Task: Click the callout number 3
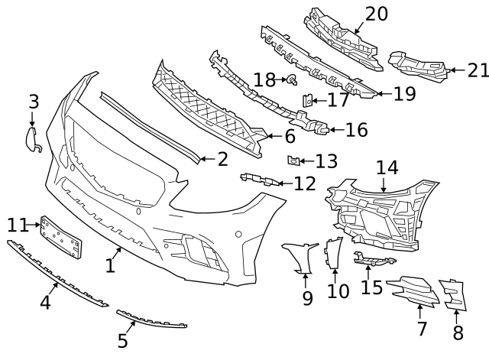pyautogui.click(x=34, y=102)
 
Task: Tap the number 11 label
pyautogui.click(x=18, y=225)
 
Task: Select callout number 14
pyautogui.click(x=387, y=167)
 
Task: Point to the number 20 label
pyautogui.click(x=376, y=13)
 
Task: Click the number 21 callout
pyautogui.click(x=477, y=70)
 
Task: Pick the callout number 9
pyautogui.click(x=307, y=297)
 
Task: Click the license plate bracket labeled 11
pyautogui.click(x=60, y=237)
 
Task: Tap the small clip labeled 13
pyautogui.click(x=293, y=161)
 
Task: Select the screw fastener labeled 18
pyautogui.click(x=292, y=79)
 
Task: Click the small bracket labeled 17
pyautogui.click(x=308, y=100)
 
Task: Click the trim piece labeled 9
pyautogui.click(x=301, y=256)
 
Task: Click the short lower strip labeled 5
pyautogui.click(x=151, y=319)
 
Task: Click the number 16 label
pyautogui.click(x=356, y=130)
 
